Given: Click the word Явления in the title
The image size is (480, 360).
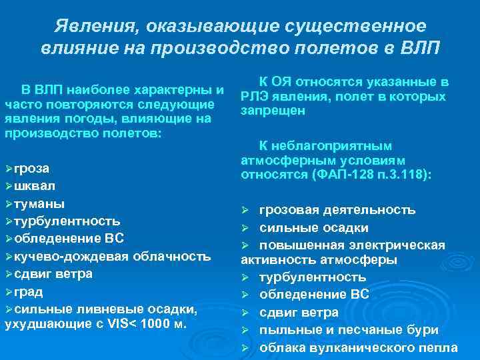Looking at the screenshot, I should coord(93,27).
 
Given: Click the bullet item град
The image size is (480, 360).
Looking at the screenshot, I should coord(29,291).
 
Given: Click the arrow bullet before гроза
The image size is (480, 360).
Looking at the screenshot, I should coord(8,168).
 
